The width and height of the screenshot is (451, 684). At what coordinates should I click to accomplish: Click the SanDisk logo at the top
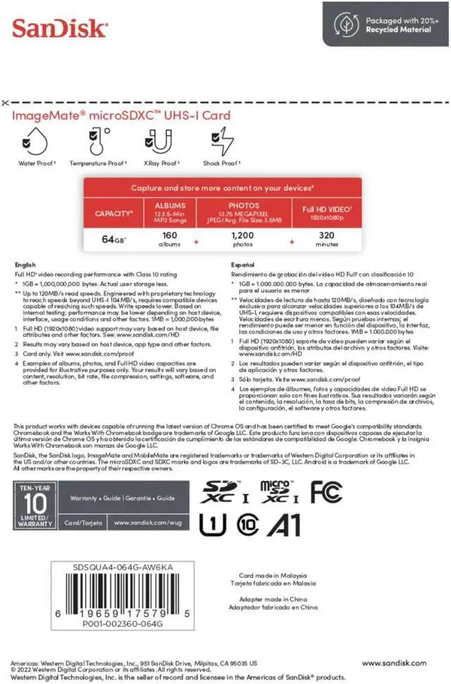pyautogui.click(x=60, y=29)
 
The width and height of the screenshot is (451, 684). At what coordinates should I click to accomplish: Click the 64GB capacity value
pyautogui.click(x=113, y=240)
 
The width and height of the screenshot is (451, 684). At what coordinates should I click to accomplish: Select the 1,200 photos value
pyautogui.click(x=242, y=240)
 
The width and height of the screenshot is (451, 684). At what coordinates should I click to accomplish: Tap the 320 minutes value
pyautogui.click(x=327, y=240)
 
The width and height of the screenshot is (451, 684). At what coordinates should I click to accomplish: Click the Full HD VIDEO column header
pyautogui.click(x=327, y=212)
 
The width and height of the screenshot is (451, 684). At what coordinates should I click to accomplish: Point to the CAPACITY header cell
pyautogui.click(x=114, y=212)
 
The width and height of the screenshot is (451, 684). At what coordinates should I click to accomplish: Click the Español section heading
pyautogui.click(x=243, y=265)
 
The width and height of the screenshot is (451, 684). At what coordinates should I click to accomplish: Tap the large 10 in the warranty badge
pyautogui.click(x=35, y=503)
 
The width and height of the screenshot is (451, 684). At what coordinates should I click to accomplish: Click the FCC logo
pyautogui.click(x=326, y=492)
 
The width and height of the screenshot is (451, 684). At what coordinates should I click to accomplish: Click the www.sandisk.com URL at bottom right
pyautogui.click(x=394, y=663)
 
